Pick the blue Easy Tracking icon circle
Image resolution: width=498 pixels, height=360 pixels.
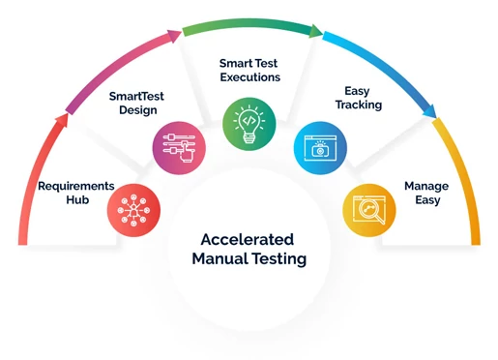319,148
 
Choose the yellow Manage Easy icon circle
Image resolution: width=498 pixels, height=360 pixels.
368,207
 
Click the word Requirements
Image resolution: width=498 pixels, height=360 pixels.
76,185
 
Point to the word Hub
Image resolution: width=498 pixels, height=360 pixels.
76,202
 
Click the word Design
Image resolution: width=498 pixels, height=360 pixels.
135,111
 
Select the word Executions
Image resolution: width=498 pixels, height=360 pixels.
249,76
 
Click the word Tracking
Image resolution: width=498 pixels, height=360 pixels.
359,105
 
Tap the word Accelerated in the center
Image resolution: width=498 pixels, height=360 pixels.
249,239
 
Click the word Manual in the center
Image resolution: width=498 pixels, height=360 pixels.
220,259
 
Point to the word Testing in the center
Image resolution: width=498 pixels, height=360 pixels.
279,259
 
